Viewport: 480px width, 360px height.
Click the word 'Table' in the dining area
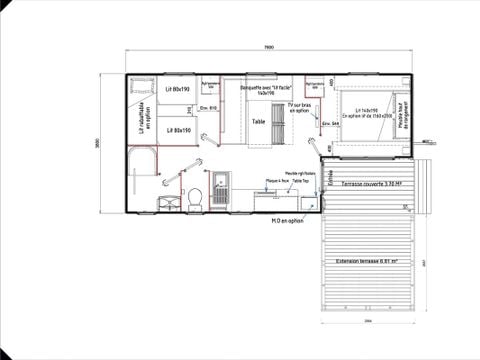coord(258,121)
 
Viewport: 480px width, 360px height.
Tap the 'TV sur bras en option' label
coord(299,107)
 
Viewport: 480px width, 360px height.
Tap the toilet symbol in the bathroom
coord(197,196)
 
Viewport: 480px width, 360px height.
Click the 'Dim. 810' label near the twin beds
coord(208,107)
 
